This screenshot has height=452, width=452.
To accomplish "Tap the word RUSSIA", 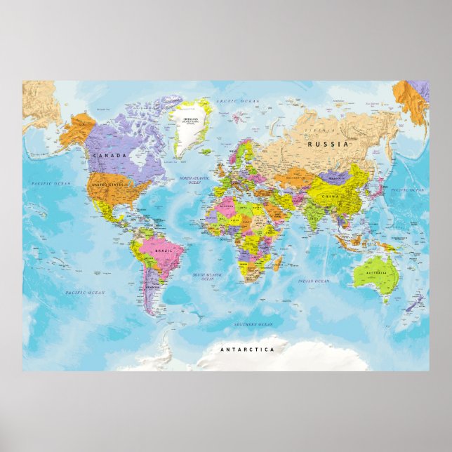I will (328, 144).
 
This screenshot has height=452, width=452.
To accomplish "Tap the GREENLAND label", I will (190, 120).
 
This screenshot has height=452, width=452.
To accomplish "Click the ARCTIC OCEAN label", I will (237, 102).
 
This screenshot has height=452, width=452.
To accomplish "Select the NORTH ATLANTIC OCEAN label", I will (194, 180).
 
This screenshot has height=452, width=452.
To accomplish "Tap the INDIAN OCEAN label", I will (313, 281).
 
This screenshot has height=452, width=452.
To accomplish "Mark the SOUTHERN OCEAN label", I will (253, 325).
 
